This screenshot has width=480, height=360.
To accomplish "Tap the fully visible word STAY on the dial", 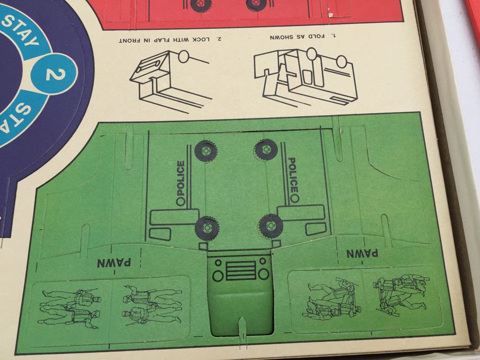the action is tap(23, 30).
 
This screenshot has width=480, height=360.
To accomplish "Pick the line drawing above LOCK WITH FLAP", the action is tap(171, 81).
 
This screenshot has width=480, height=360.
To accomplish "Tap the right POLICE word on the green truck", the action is tap(293, 175).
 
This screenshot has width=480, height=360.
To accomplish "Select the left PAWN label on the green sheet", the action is tap(114, 262).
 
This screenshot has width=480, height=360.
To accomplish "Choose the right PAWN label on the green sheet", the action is tap(362, 253).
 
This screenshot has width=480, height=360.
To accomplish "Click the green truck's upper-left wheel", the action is tap(206, 151).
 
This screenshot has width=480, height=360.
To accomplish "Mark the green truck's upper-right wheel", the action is tap(266, 150).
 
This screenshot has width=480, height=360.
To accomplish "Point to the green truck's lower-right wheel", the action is tap(270, 226).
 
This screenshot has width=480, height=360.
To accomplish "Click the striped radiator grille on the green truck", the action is tap(241, 270).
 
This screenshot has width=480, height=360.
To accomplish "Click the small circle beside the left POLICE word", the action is tap(181, 202).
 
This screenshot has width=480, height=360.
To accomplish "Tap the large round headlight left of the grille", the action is tap(218, 276).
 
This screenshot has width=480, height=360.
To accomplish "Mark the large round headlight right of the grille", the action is tap(263, 274).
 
